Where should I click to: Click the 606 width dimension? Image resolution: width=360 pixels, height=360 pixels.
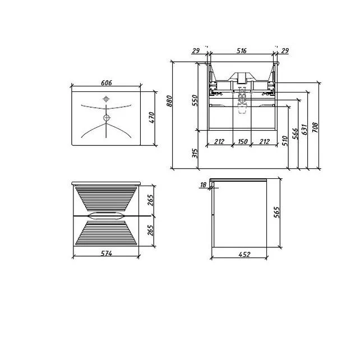tap(107, 82)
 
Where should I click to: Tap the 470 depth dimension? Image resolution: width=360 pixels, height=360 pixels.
tap(152, 118)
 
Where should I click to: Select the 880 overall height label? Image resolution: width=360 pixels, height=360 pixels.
tap(169, 101)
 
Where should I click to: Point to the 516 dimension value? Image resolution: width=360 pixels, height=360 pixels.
tap(242, 50)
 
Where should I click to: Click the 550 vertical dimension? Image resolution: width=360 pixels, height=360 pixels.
tap(195, 100)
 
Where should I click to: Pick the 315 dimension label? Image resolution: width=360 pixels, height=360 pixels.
tap(195, 153)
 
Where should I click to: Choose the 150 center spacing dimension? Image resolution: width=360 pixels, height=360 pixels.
tap(243, 141)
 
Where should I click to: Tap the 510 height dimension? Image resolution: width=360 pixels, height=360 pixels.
tap(285, 141)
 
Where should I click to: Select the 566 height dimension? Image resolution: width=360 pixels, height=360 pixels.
tap(296, 133)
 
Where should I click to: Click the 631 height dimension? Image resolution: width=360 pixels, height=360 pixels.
tap(304, 130)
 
